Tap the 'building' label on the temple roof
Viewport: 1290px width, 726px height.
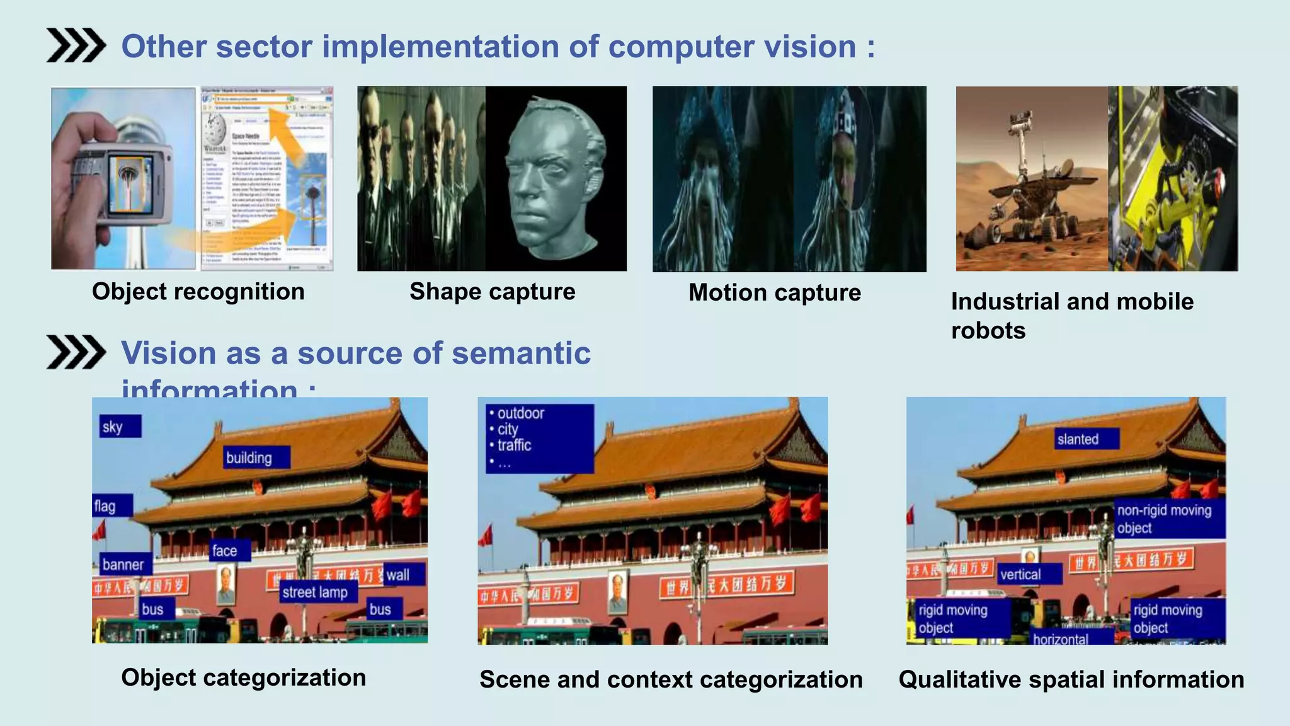point(256,458)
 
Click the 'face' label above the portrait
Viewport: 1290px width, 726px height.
point(230,551)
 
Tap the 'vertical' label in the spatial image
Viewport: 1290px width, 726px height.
point(1029,574)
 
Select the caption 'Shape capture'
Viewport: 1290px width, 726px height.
point(492,292)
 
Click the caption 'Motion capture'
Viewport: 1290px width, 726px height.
point(774,292)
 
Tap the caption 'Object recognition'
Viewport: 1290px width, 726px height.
point(198,292)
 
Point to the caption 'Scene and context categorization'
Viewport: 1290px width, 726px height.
point(671,679)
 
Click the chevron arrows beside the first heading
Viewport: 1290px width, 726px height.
point(76,45)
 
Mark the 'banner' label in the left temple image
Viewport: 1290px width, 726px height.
point(125,564)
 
